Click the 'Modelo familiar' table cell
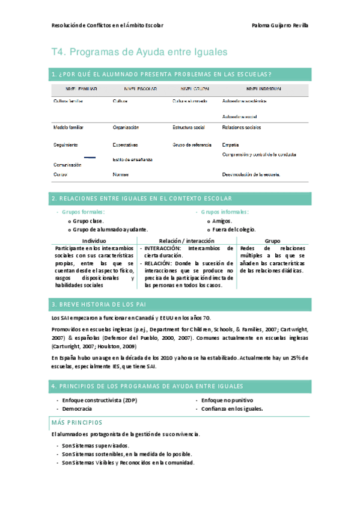coord(69,127)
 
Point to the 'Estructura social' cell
coord(189,127)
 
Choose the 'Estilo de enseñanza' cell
coord(132,159)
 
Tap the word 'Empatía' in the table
coord(231,145)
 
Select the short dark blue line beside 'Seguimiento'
coord(90,156)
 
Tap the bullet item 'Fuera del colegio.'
coord(234,229)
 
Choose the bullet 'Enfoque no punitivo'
coord(227,399)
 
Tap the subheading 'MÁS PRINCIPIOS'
coord(77,422)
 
